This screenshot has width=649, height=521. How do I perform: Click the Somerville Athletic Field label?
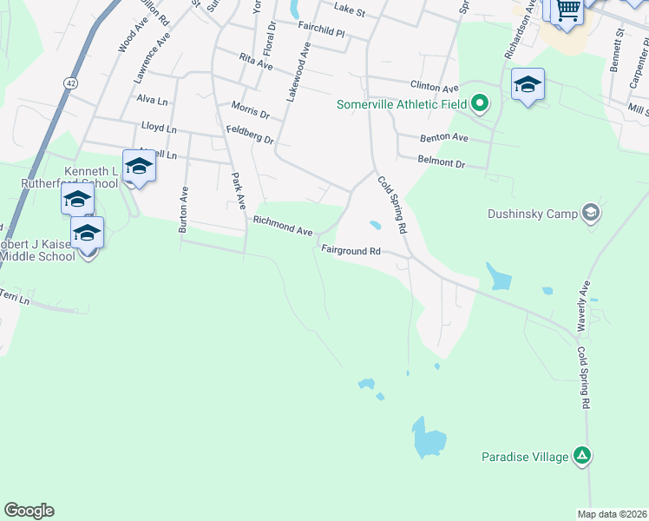tap(402, 106)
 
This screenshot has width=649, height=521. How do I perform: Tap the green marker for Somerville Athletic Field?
tap(480, 106)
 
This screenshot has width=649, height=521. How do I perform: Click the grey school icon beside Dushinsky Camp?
tap(591, 212)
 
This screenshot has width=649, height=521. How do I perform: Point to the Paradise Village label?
tap(525, 456)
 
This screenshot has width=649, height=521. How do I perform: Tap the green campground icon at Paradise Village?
tap(583, 455)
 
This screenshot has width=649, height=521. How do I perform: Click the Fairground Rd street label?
tap(351, 250)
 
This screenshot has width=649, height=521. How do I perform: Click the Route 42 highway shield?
tap(70, 82)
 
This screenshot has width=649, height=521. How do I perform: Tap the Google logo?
tap(29, 511)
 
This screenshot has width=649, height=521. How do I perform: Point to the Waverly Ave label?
tap(584, 305)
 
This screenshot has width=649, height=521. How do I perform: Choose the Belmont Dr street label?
tap(442, 163)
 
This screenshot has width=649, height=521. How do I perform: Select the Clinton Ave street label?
tap(434, 88)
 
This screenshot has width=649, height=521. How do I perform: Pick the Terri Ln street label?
tap(15, 298)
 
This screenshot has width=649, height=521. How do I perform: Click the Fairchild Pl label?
tap(321, 30)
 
